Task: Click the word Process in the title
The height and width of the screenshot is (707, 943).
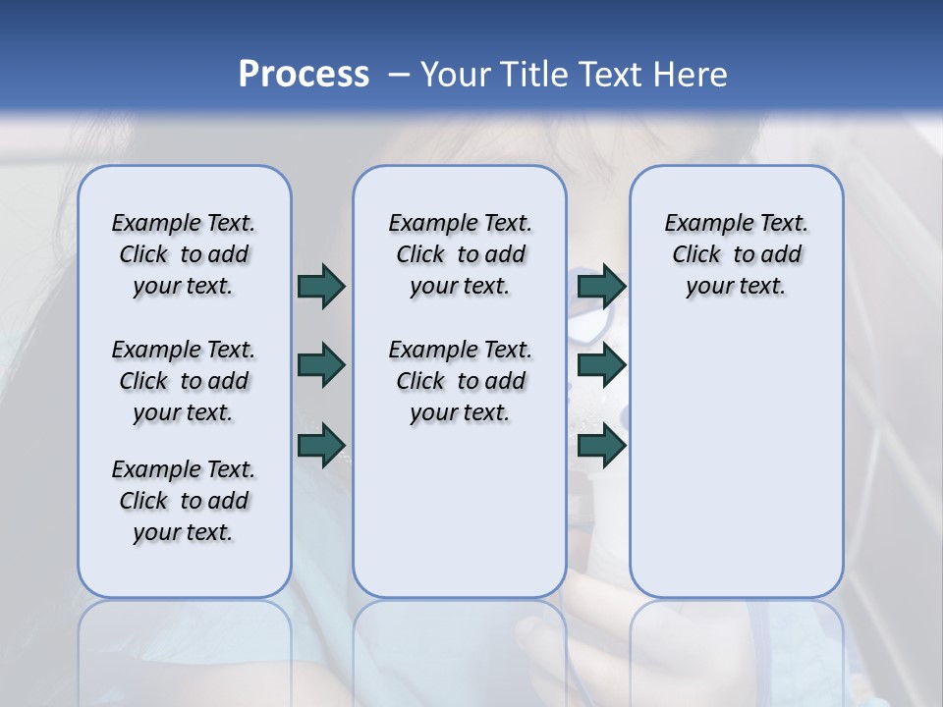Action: pyautogui.click(x=304, y=75)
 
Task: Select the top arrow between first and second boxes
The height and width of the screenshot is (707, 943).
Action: pyautogui.click(x=321, y=286)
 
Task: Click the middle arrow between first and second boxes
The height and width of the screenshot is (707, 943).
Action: pyautogui.click(x=321, y=365)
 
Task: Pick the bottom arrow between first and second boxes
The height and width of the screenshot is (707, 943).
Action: pyautogui.click(x=321, y=445)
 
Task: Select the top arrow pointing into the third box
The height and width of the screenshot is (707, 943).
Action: pyautogui.click(x=601, y=286)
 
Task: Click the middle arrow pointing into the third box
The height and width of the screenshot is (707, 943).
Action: pyautogui.click(x=601, y=365)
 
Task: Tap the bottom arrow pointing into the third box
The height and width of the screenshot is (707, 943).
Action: pyautogui.click(x=601, y=445)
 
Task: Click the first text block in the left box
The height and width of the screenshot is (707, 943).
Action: pyautogui.click(x=184, y=254)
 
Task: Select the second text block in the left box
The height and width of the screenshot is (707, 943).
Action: pyautogui.click(x=184, y=381)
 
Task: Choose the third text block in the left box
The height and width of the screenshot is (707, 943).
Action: pyautogui.click(x=184, y=501)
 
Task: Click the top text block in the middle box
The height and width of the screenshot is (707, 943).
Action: pyautogui.click(x=460, y=254)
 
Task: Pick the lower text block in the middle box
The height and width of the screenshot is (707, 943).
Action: pyautogui.click(x=460, y=381)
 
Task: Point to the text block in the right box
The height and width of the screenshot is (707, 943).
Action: pyautogui.click(x=736, y=254)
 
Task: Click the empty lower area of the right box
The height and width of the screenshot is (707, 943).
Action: pyautogui.click(x=736, y=462)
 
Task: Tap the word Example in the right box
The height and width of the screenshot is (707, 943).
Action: pyautogui.click(x=703, y=224)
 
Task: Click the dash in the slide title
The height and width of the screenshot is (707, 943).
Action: pyautogui.click(x=398, y=75)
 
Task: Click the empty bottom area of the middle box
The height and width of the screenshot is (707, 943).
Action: pyautogui.click(x=460, y=520)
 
